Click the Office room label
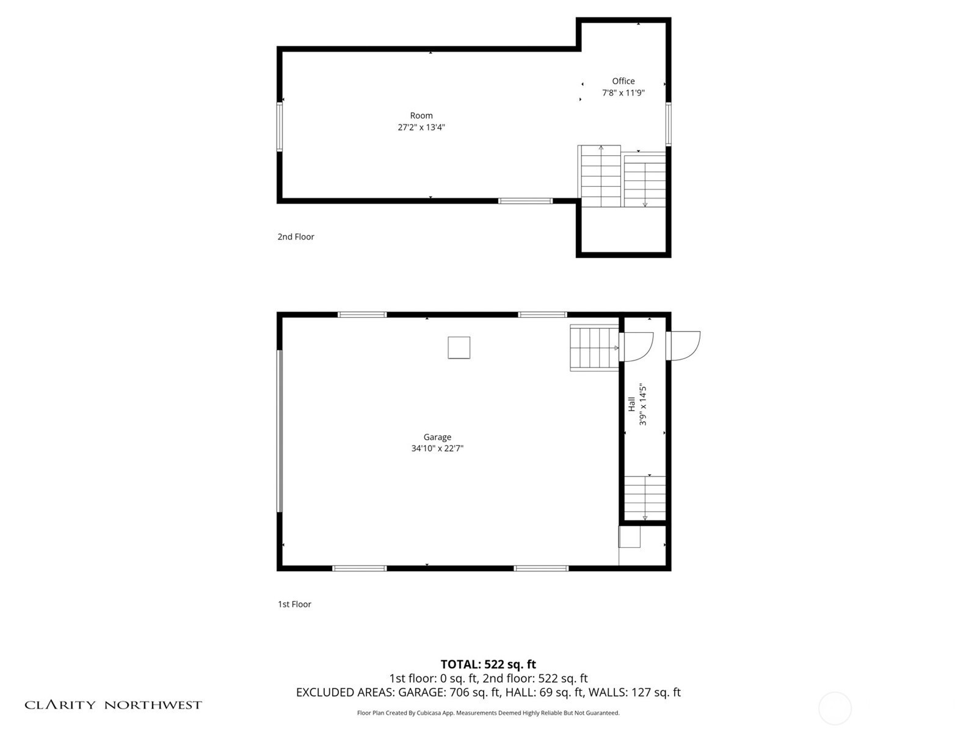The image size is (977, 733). pos(623,81)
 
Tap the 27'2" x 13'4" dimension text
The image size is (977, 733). pos(421,127)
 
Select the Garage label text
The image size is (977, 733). pos(437,437)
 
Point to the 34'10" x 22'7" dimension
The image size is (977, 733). pos(437,448)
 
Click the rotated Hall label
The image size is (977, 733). pos(631,404)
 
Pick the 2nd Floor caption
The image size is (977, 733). pos(296,237)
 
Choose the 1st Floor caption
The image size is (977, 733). pos(294,604)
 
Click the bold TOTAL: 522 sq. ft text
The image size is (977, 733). pos(488,664)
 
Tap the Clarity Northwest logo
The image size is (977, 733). pos(113,705)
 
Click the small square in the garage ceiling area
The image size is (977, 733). pos(459,348)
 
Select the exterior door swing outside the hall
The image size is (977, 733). pos(683,346)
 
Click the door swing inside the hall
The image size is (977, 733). pos(636,347)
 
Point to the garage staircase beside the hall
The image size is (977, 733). pos(594,348)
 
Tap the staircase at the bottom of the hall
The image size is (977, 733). pos(644,498)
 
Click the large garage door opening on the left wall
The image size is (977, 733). pos(280,431)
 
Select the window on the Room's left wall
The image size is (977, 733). pos(280,127)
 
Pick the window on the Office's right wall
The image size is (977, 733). pos(668,124)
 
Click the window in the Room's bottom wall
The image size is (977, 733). pos(525,201)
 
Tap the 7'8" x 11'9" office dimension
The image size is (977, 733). pos(623,93)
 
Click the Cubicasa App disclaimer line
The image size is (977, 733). pos(488,713)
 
